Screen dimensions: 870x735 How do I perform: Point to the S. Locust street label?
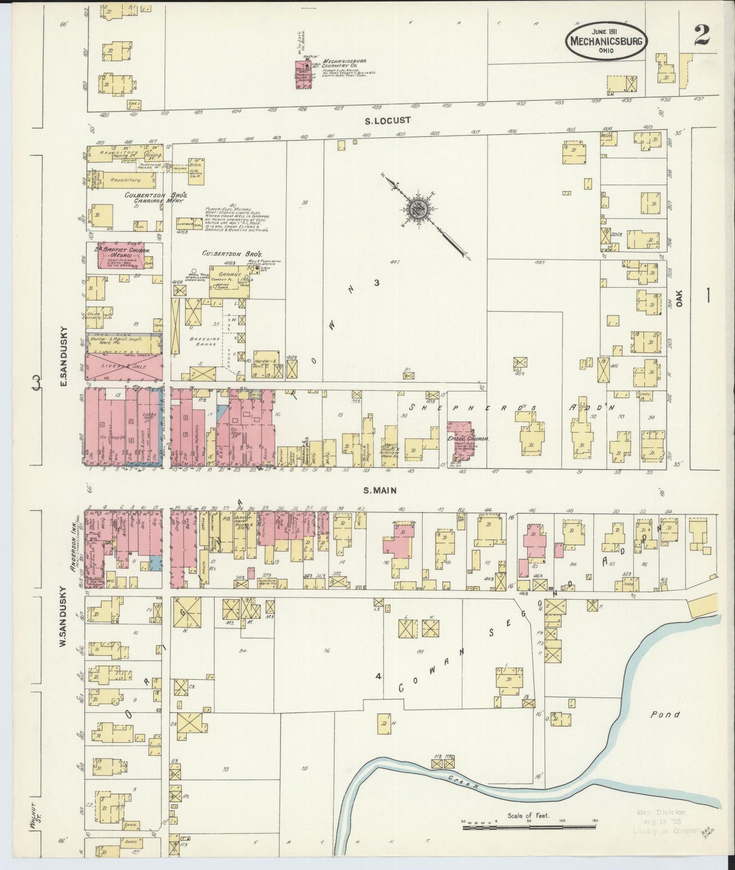pyautogui.click(x=388, y=121)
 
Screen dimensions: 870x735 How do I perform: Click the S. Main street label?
pyautogui.click(x=380, y=490)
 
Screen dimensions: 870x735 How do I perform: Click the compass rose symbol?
pyautogui.click(x=419, y=208)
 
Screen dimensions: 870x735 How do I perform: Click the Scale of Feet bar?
pyautogui.click(x=529, y=828)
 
